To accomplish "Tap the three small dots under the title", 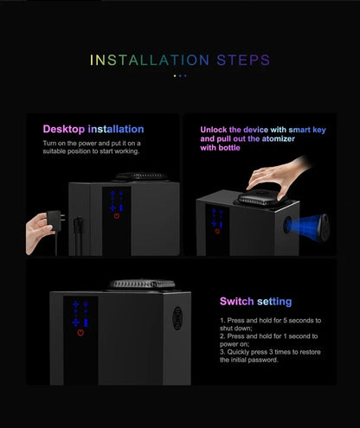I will click(x=179, y=76).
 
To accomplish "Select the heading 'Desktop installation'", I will click(x=93, y=129).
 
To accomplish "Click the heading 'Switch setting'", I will click(x=255, y=302).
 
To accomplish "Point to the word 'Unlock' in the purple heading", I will click(x=216, y=129).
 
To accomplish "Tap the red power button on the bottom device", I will click(x=80, y=333).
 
